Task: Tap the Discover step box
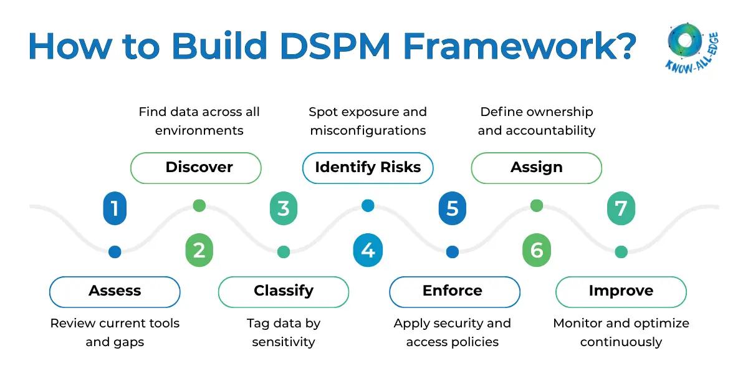pos(196,168)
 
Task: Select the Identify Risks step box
pos(368,168)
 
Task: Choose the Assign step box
pos(536,168)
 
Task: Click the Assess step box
pos(115,291)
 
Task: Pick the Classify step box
pos(284,291)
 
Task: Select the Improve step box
pos(621,291)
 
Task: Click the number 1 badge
pos(115,208)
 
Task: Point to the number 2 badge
pos(199,251)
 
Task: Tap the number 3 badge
pos(284,208)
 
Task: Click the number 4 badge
pos(368,251)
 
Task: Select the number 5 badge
pos(453,208)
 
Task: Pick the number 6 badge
pos(537,251)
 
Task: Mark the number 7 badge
pos(621,208)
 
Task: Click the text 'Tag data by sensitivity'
pos(284,332)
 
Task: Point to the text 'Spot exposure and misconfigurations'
pos(368,121)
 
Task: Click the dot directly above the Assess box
pos(115,251)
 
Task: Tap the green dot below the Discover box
pos(199,205)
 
